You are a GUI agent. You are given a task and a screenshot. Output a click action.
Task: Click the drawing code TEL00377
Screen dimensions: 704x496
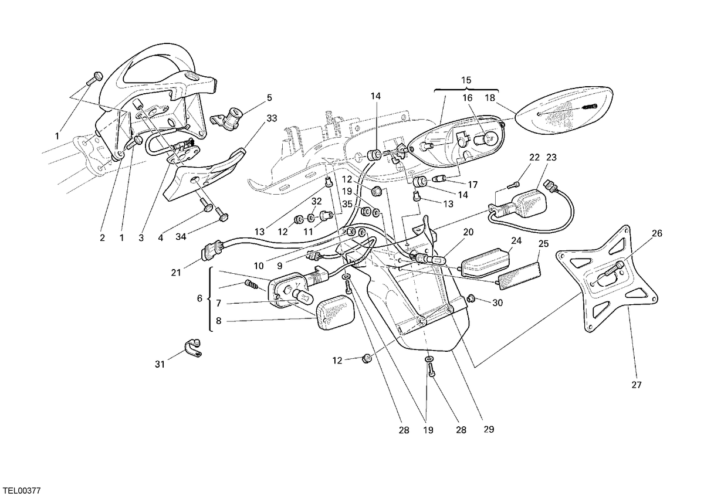(x=21, y=490)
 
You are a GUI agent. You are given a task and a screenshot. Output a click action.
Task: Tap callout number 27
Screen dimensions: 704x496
(x=637, y=385)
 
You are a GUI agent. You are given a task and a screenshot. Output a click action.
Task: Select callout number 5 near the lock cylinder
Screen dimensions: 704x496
(x=269, y=98)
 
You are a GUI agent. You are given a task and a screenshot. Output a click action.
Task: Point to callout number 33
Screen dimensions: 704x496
(x=272, y=118)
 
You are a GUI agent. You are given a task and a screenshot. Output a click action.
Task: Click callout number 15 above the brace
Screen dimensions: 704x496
(x=466, y=80)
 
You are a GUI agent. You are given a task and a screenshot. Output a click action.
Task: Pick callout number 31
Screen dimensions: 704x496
(x=160, y=365)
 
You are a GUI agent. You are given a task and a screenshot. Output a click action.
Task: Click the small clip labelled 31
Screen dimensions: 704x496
(x=192, y=348)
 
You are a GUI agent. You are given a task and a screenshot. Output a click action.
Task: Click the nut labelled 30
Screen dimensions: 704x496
(x=471, y=298)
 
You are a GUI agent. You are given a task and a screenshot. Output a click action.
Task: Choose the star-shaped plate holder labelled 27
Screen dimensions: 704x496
(x=607, y=279)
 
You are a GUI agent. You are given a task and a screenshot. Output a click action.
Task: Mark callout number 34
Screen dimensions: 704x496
(x=181, y=236)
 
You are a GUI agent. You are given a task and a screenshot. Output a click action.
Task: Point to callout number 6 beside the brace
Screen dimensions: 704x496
(x=199, y=298)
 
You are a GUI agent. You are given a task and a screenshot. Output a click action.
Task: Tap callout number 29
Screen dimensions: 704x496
(x=489, y=429)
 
